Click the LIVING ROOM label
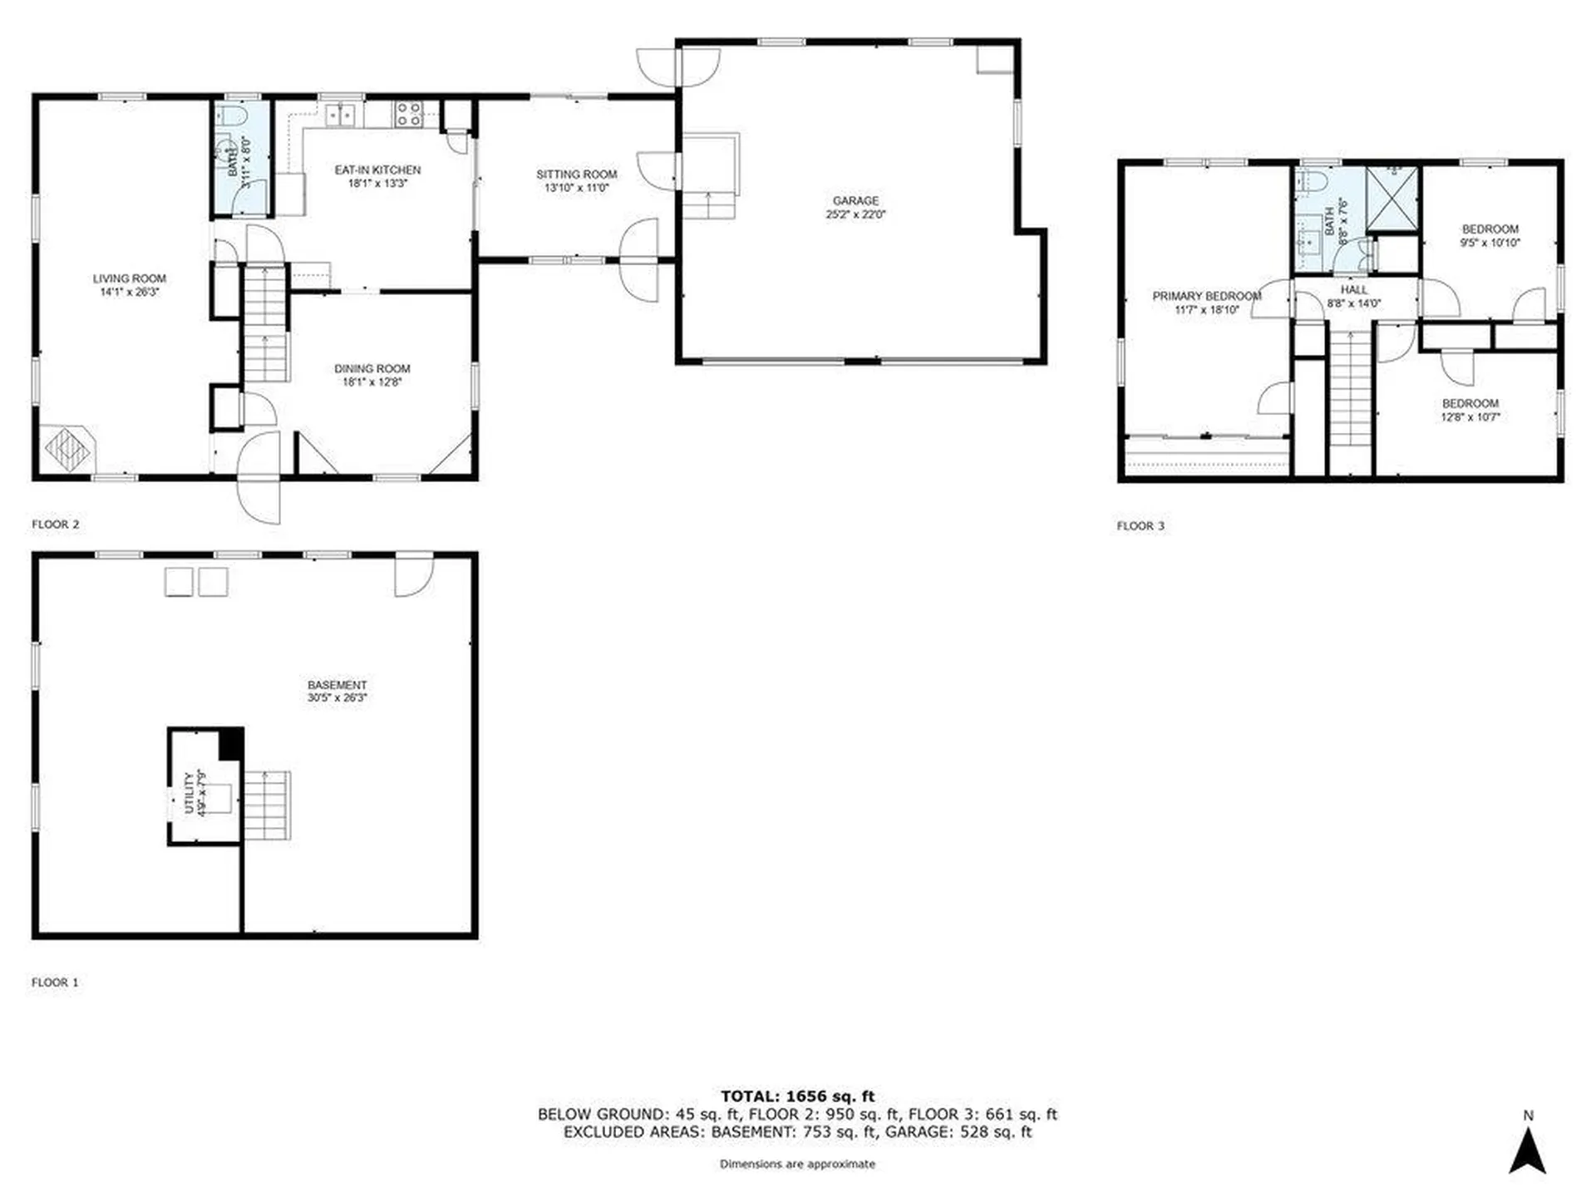click(130, 278)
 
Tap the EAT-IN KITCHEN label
click(377, 170)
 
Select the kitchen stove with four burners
click(407, 114)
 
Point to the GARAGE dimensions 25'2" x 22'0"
click(855, 214)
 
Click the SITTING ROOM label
click(576, 175)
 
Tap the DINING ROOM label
click(372, 368)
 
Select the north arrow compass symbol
click(1527, 1150)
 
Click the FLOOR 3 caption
click(1140, 525)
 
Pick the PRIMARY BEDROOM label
click(1206, 296)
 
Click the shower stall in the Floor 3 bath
click(1392, 198)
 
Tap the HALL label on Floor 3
click(1354, 289)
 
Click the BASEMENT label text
click(337, 685)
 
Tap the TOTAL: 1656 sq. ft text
click(797, 1096)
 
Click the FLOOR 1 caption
click(55, 982)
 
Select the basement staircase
click(267, 805)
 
